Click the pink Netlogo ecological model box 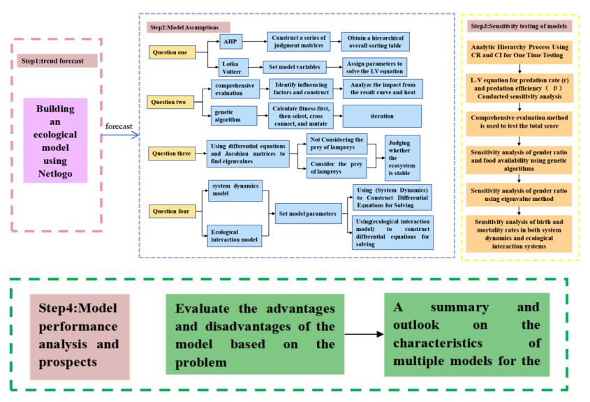pos(55,140)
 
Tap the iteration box pos(381,116)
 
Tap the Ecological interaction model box pos(234,235)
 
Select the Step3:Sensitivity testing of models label pos(521,26)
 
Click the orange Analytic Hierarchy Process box pos(521,51)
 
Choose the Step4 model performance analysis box pos(79,334)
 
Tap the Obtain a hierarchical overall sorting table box pos(375,41)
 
